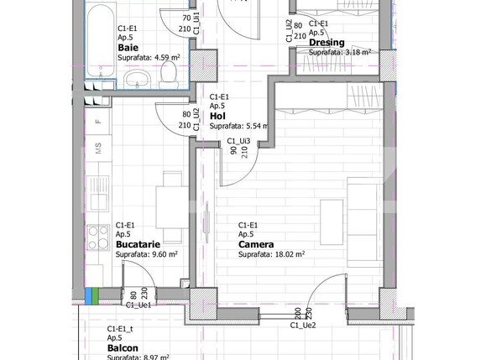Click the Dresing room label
(x=327, y=43)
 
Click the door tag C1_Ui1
(x=196, y=21)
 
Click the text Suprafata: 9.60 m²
(x=147, y=254)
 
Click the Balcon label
(x=123, y=347)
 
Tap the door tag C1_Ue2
(x=303, y=325)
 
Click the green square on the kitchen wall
(x=96, y=295)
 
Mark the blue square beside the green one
(x=88, y=295)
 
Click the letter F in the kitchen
(x=98, y=122)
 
